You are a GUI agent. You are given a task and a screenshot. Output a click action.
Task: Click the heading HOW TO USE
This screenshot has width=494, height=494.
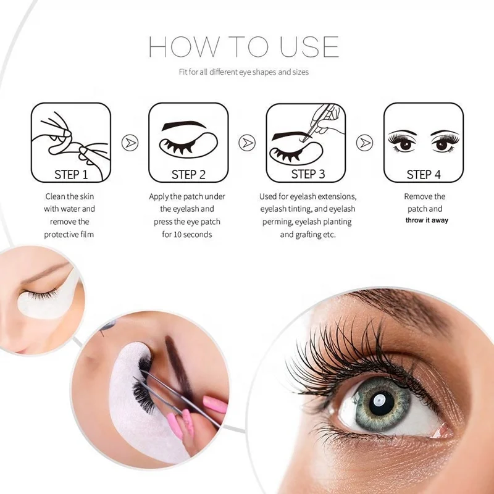[243, 48]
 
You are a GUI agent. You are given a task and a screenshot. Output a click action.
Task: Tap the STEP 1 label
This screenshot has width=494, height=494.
[71, 175]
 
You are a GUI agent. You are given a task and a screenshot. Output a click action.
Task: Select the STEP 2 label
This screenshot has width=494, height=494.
[188, 175]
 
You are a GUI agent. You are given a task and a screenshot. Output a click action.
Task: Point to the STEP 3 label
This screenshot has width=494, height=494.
[308, 174]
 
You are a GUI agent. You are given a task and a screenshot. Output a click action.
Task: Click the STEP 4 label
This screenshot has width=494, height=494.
[424, 175]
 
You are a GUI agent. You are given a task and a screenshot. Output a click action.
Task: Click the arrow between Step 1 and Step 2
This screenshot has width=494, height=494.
[130, 143]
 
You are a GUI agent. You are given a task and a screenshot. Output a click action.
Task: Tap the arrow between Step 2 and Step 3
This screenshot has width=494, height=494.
[248, 143]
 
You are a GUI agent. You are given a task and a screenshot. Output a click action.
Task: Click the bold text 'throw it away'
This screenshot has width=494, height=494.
[427, 220]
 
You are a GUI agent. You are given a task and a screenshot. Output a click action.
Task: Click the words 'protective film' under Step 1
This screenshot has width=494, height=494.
[70, 234]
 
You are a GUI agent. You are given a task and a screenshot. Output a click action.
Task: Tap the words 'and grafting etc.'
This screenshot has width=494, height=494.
[308, 234]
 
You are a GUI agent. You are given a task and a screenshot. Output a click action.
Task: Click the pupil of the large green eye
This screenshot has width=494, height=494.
[378, 402]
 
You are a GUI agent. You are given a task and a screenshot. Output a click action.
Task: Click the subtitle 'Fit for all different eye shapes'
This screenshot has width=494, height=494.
[243, 72]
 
